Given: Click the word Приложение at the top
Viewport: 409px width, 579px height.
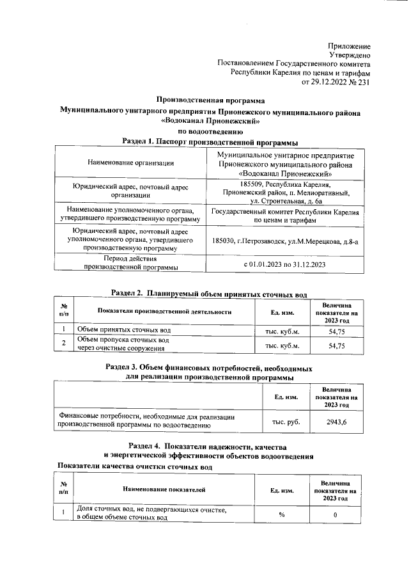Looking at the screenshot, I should pos(349,46).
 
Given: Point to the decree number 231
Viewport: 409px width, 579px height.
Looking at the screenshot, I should pos(362,82).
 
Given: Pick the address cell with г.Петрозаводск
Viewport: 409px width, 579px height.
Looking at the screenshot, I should pos(285,241).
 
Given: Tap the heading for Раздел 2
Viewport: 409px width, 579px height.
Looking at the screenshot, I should pos(210,293).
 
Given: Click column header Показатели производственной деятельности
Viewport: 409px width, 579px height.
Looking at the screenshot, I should pos(164,312).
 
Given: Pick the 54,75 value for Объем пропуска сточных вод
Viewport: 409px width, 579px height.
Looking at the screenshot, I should pos(336,345).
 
